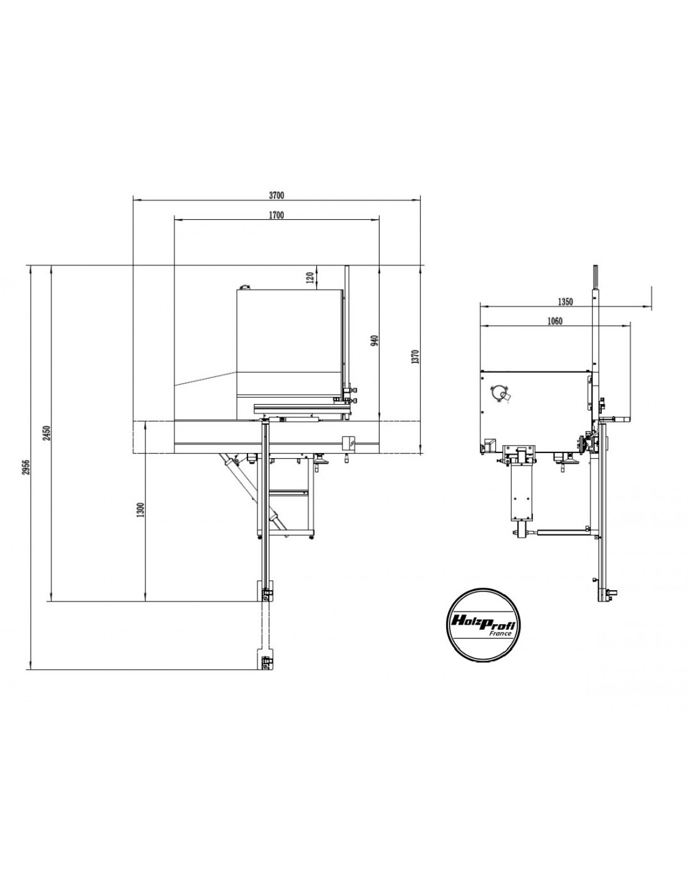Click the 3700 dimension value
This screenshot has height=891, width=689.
[276, 194]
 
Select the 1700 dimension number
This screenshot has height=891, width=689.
[276, 215]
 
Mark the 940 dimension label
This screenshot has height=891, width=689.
[375, 341]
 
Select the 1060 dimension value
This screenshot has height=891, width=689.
[554, 321]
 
